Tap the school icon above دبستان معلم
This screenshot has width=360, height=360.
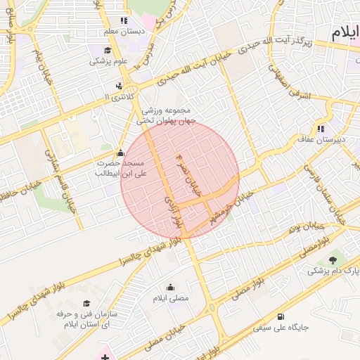(x=124, y=21)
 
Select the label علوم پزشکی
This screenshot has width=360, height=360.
(x=106, y=61)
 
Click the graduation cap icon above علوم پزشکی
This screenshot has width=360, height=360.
(x=107, y=51)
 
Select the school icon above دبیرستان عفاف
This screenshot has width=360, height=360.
(x=321, y=129)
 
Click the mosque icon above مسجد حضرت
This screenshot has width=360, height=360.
(x=120, y=153)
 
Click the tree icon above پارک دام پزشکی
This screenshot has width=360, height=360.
(x=333, y=259)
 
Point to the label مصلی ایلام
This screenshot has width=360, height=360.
(x=171, y=298)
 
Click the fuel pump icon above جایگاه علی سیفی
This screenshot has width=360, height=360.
(x=282, y=316)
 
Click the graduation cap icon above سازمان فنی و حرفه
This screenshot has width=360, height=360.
(x=86, y=304)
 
